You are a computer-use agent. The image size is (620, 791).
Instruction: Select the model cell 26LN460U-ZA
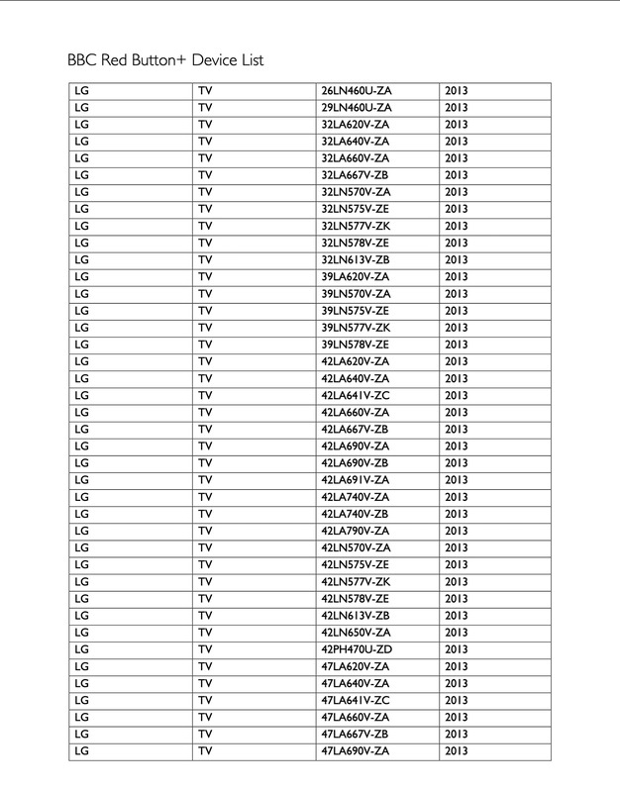356,91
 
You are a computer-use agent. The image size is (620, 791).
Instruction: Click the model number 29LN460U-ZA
356,108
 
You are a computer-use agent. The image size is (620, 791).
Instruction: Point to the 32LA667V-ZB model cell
356,175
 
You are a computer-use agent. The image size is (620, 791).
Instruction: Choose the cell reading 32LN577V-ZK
356,226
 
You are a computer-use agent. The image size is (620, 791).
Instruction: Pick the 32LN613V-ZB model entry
356,259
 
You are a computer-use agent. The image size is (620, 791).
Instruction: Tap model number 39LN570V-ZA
356,293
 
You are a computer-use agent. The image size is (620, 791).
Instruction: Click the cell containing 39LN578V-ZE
356,345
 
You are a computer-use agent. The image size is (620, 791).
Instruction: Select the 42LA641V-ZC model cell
356,395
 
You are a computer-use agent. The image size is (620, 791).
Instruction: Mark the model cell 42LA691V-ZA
356,479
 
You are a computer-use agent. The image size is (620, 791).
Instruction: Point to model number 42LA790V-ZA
356,531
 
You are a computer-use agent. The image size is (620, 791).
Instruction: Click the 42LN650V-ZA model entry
356,633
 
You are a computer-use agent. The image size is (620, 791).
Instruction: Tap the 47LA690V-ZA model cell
356,751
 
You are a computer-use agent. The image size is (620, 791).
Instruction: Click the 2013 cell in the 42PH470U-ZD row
457,649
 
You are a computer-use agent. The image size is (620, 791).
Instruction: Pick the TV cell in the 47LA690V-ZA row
205,751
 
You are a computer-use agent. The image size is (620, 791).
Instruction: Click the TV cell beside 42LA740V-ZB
205,514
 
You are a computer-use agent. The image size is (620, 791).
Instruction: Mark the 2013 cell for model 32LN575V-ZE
457,209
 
